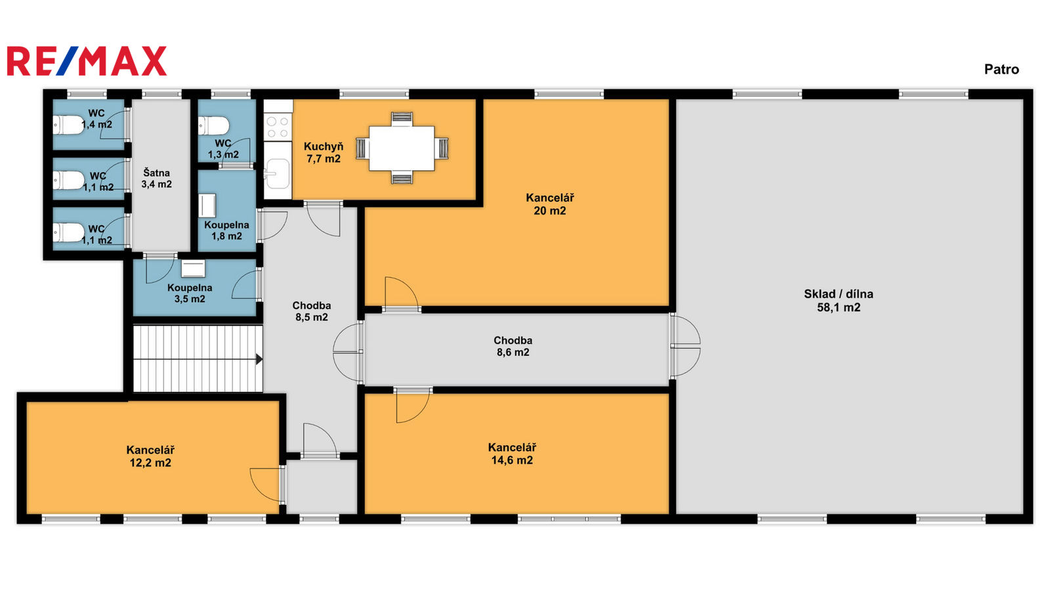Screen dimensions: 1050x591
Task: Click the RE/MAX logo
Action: coord(87,61)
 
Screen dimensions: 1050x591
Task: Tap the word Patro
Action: coord(1001,70)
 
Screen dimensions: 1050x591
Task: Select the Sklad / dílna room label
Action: coord(839,301)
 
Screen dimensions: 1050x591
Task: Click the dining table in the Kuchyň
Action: coord(402,148)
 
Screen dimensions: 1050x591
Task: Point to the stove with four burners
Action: coord(278,127)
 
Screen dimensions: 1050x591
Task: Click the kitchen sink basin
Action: coord(278,173)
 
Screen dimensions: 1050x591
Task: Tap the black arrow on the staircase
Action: coord(259,359)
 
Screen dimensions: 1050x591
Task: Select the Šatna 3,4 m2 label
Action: coord(157,179)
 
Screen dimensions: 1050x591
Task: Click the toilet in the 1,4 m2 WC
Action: coord(68,125)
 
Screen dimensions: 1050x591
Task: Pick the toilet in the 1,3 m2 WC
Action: coord(214,125)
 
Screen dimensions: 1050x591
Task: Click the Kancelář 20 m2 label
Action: coord(550,204)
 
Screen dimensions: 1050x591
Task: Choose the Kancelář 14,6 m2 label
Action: coord(512,454)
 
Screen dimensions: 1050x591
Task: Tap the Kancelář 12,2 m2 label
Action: coord(150,456)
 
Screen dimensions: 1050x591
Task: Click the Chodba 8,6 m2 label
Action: coord(513,346)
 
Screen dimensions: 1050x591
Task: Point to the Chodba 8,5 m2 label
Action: coord(312,311)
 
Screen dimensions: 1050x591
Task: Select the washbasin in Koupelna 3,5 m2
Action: coord(193,269)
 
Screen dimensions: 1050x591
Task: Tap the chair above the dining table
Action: coord(402,119)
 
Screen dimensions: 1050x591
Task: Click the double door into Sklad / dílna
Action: coord(685,346)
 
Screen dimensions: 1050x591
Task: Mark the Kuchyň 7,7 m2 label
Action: coord(324,152)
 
